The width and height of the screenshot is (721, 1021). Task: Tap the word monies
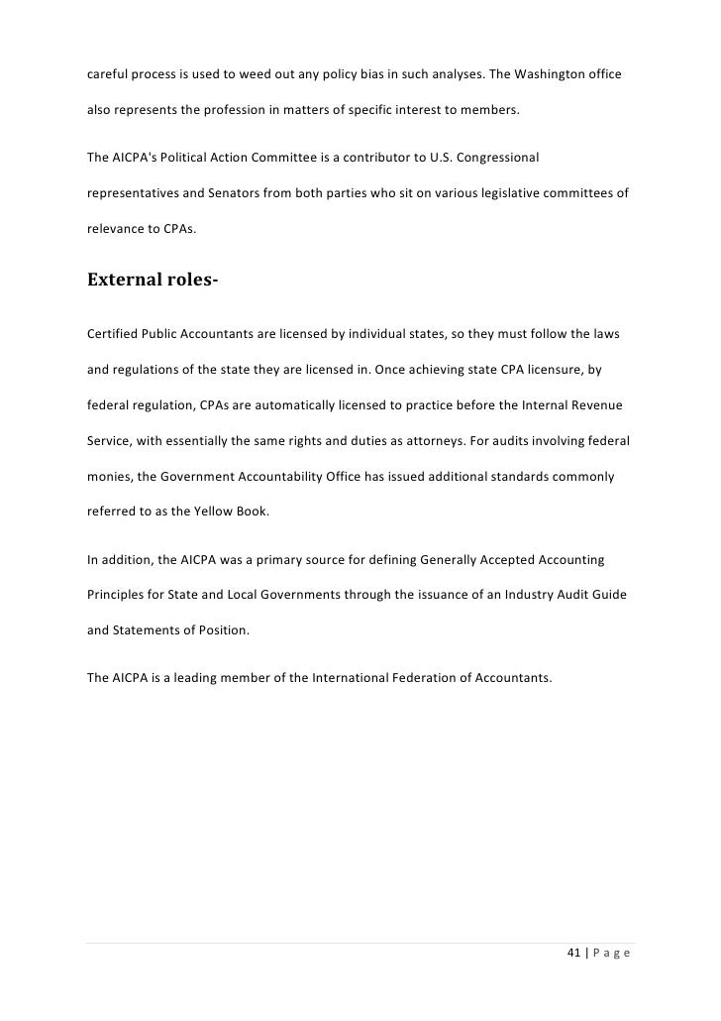(109, 477)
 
